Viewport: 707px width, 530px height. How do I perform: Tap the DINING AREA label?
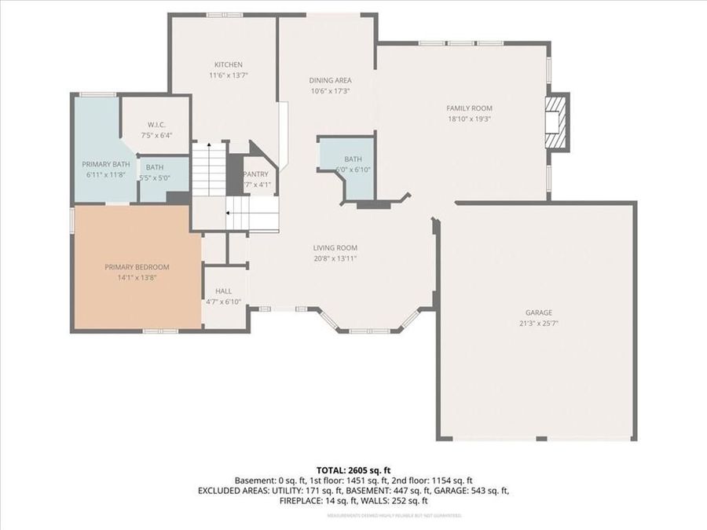tap(330, 80)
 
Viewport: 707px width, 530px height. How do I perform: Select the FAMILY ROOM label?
tap(469, 108)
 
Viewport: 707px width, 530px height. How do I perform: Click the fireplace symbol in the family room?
tap(556, 122)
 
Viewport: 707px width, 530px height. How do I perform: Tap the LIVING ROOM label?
tap(335, 248)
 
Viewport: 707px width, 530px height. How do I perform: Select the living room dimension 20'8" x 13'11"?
tap(335, 258)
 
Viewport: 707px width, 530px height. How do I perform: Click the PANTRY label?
tap(256, 174)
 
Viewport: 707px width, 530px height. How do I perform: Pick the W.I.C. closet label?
tap(156, 124)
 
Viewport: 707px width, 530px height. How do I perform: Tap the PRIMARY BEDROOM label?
tap(137, 267)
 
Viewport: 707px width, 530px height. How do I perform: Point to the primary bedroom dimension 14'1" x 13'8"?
tap(137, 277)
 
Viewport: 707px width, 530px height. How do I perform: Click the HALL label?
tap(222, 291)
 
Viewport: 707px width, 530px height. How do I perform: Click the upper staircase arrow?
tap(210, 145)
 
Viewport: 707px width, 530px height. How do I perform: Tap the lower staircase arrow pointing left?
tap(229, 212)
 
